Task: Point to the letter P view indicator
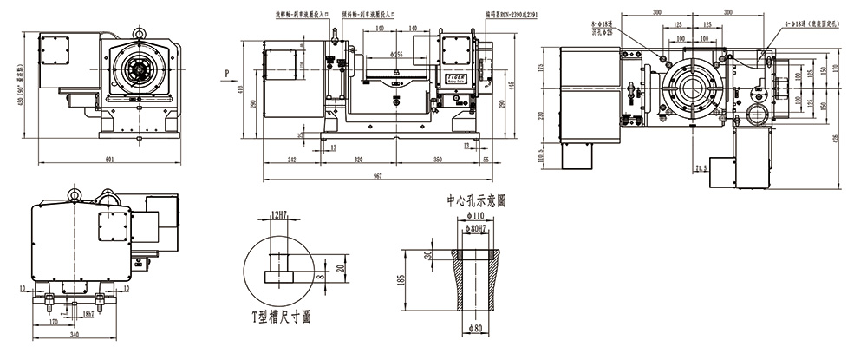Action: point(225,74)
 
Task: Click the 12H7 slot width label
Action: point(279,213)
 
